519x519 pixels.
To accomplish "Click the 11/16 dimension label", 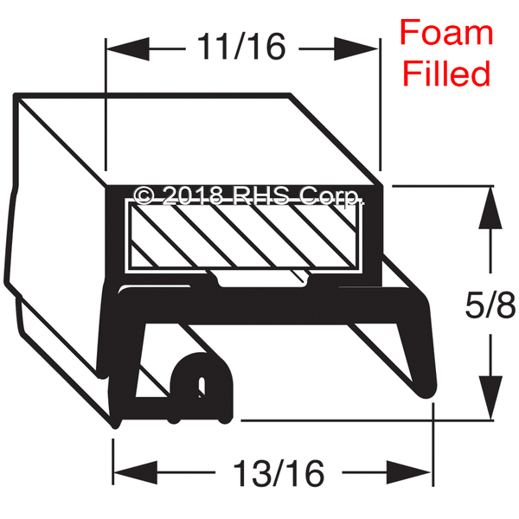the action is click(241, 47).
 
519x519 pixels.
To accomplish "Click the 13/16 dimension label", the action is click(279, 473).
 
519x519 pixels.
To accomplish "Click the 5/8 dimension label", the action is click(490, 304).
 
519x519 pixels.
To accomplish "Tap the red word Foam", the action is click(446, 32).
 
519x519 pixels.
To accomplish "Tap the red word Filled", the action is click(446, 73).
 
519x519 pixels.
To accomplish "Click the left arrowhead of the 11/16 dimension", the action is click(128, 49).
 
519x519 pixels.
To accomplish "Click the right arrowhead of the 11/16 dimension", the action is click(356, 49).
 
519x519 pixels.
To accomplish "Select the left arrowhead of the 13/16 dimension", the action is click(135, 472).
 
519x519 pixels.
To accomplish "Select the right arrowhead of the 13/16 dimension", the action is click(409, 472).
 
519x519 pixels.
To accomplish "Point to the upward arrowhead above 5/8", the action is click(490, 208).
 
